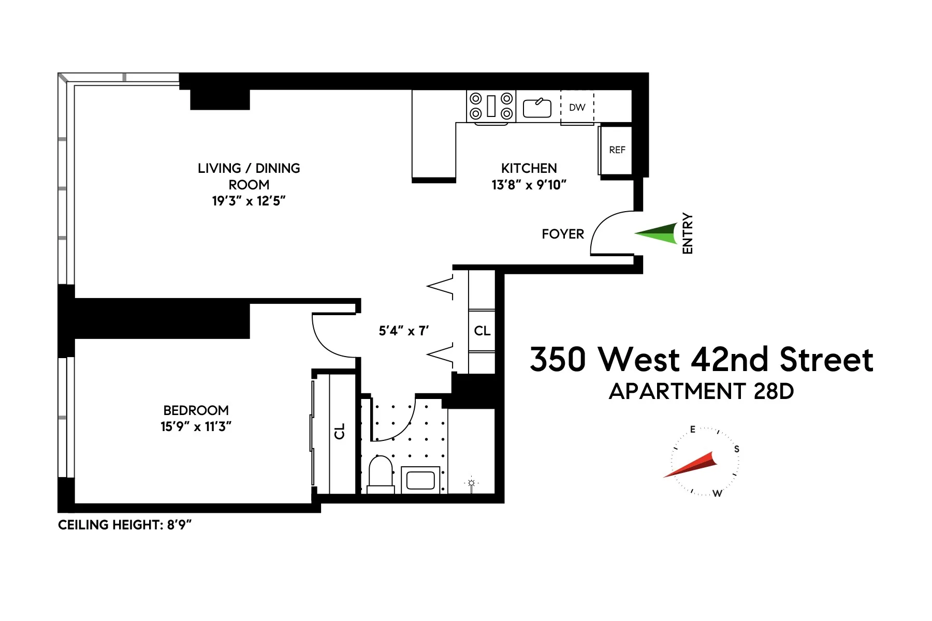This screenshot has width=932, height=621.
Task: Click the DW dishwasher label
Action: (577, 108)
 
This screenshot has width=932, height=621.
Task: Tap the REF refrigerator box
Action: (617, 150)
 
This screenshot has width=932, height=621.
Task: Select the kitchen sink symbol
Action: (537, 108)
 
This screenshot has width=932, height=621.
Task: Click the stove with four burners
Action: (491, 106)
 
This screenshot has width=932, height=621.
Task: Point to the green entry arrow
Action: (657, 233)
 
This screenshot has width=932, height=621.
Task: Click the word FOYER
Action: (563, 234)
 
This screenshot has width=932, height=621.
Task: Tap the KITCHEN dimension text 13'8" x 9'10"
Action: (529, 185)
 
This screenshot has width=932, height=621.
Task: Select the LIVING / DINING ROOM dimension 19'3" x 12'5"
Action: (249, 201)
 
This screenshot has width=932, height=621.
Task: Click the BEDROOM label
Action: (196, 410)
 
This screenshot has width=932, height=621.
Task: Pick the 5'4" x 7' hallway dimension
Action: (404, 331)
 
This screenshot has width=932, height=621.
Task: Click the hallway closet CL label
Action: (482, 331)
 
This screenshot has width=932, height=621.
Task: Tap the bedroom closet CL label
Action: (340, 431)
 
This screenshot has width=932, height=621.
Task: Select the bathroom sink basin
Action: (420, 480)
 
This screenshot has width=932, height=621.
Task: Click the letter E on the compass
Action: (693, 430)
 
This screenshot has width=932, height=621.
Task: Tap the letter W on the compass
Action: (717, 493)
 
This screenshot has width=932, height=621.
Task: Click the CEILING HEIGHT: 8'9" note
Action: (125, 525)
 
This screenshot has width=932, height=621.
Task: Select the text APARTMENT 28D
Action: (701, 392)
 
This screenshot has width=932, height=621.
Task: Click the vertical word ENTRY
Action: (688, 233)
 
